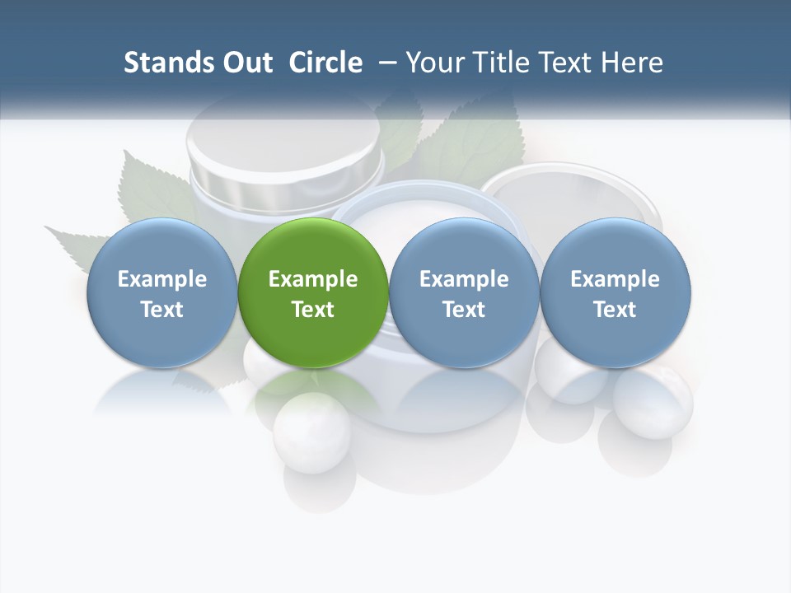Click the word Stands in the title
[x=165, y=63]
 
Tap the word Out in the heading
[x=245, y=63]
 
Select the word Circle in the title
[x=325, y=63]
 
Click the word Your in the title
[x=433, y=63]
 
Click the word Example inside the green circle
[x=313, y=279]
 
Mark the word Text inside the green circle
[x=313, y=310]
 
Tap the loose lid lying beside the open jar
[x=573, y=198]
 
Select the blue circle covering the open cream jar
[x=464, y=292]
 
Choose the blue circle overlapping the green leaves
[x=162, y=292]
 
